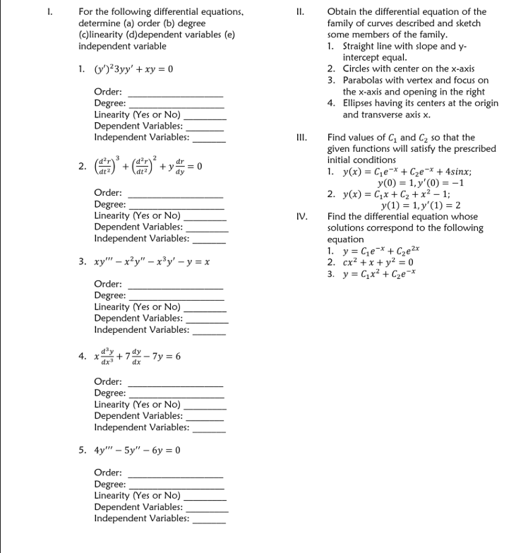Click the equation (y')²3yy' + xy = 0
(x=134, y=69)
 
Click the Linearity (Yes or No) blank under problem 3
(x=205, y=309)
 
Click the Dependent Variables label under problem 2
(x=138, y=227)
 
